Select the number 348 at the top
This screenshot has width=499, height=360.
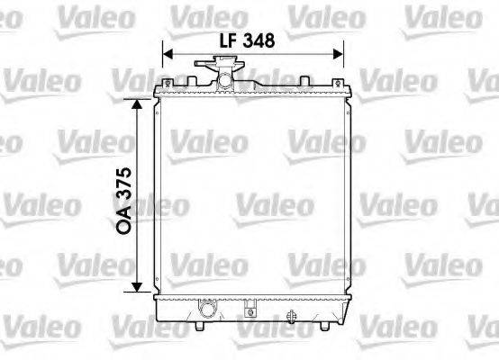point(256,40)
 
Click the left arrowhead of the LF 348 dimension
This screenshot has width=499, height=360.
point(167,53)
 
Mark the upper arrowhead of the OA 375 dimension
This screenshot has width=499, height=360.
point(138,104)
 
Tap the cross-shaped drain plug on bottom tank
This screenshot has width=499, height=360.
point(291,316)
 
